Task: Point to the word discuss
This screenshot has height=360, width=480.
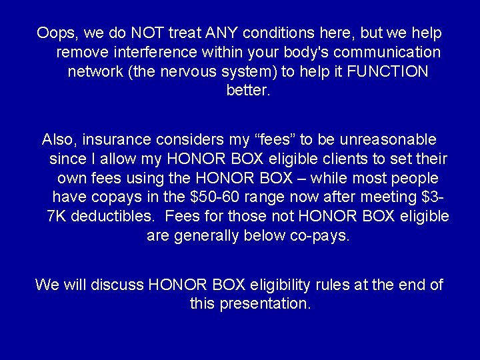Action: (119, 285)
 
